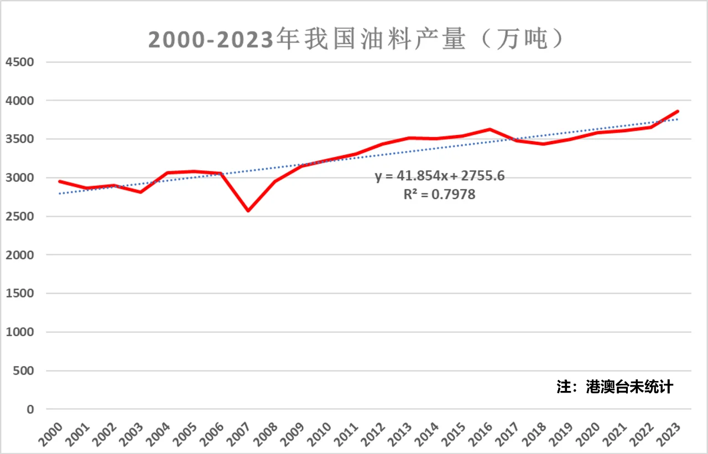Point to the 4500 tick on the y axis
pos(19,62)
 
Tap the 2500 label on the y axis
pos(19,217)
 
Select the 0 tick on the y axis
pos(29,410)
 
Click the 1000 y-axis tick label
pos(19,332)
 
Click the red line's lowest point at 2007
pos(248,211)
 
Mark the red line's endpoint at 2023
pos(678,111)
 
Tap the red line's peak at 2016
pos(490,129)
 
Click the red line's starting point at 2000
pos(60,181)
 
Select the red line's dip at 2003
pos(140,192)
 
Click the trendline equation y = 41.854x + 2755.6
pos(440,176)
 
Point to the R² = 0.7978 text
pos(439,195)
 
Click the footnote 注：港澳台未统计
pos(615,387)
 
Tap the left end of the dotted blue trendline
pos(60,194)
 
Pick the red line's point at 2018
pos(544,144)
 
